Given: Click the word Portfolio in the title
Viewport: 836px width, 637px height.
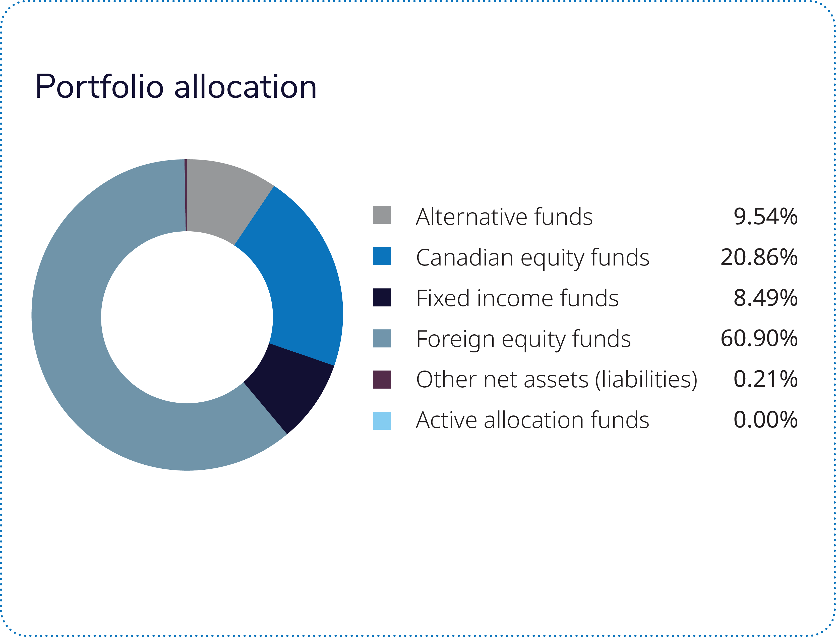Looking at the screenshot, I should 99,87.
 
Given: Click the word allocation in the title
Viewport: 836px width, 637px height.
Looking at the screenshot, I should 245,87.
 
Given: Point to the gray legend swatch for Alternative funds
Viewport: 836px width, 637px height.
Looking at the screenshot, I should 382,215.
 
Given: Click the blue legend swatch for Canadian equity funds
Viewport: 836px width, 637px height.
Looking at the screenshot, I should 382,256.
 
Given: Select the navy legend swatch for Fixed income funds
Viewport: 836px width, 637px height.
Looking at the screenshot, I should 382,297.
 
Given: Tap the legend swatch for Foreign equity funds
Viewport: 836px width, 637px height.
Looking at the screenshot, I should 382,338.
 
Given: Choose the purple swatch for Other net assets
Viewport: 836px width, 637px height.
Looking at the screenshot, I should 382,380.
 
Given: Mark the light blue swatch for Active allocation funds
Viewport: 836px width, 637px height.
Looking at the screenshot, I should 382,420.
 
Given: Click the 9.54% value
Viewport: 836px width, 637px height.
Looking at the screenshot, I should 765,217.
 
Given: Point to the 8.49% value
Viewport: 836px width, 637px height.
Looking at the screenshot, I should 765,298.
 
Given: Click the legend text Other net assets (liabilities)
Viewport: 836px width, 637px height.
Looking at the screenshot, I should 556,380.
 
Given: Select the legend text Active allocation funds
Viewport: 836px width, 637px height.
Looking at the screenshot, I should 532,420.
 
